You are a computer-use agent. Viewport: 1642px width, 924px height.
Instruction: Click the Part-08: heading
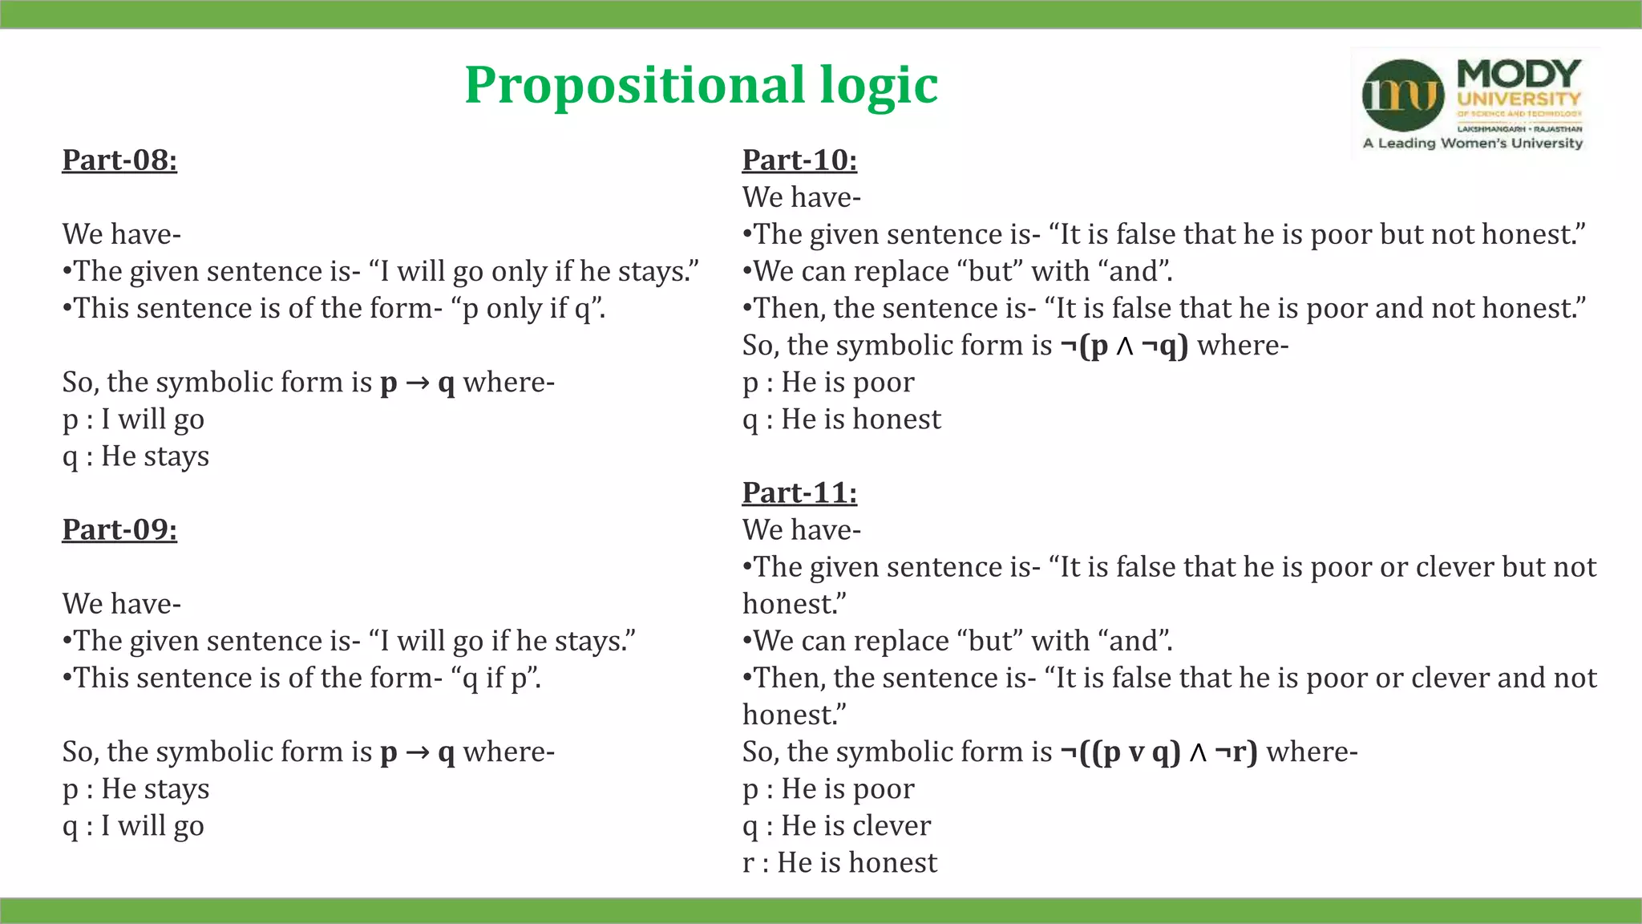(119, 160)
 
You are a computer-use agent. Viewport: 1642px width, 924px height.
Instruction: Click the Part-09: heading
(119, 530)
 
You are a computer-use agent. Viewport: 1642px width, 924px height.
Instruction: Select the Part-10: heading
(799, 160)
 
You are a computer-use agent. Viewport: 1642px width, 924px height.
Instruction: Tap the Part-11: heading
(799, 493)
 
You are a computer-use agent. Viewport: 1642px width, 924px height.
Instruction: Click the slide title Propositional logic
(701, 85)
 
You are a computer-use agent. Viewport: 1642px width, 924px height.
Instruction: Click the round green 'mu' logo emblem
(1402, 95)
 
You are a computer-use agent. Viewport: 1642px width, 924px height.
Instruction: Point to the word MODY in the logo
(1519, 74)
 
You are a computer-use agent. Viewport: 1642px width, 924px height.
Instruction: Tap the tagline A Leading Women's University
(1473, 144)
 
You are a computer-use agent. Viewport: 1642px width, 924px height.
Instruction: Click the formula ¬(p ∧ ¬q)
(1124, 346)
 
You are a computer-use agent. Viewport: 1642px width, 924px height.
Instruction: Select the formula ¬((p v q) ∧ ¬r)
(1159, 752)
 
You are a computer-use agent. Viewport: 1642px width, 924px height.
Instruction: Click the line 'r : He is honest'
(839, 863)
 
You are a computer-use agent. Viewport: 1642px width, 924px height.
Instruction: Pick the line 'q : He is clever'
(836, 826)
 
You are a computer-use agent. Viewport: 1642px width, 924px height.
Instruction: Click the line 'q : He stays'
(135, 456)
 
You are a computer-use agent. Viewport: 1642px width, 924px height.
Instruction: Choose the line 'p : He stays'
(135, 789)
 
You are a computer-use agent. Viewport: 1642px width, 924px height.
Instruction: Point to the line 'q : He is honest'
(841, 419)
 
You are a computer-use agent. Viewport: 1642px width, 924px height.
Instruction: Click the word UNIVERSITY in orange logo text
(1519, 99)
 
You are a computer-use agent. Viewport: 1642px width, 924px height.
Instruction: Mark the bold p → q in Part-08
(417, 383)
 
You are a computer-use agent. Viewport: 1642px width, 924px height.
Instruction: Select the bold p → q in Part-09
(417, 752)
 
